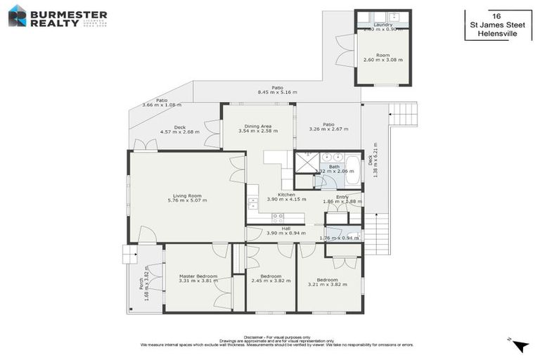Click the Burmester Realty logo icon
17,15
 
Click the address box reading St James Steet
497,25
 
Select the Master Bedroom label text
198,276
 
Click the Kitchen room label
286,195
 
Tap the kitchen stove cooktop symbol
278,218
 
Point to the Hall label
286,229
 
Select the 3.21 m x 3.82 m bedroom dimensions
327,284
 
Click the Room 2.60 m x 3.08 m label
382,57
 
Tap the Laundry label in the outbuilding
382,25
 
